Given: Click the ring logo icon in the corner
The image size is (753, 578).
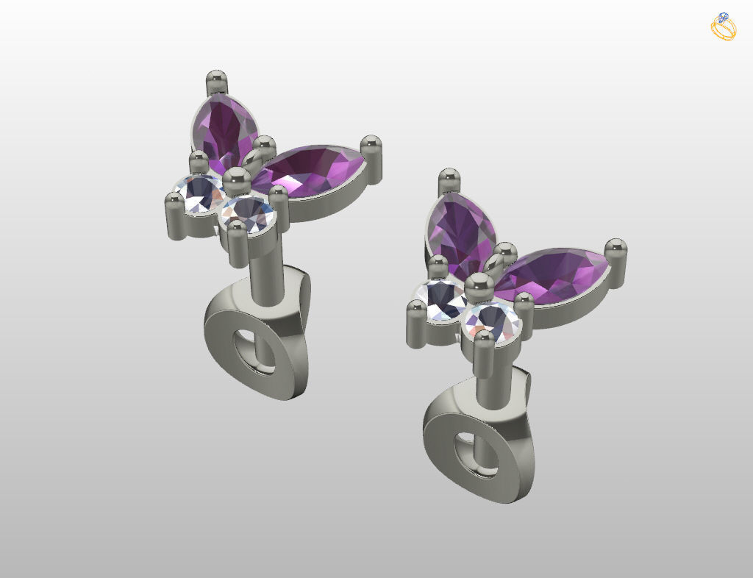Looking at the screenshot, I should [723, 26].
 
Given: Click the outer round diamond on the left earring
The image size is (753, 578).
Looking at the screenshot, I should [200, 193].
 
